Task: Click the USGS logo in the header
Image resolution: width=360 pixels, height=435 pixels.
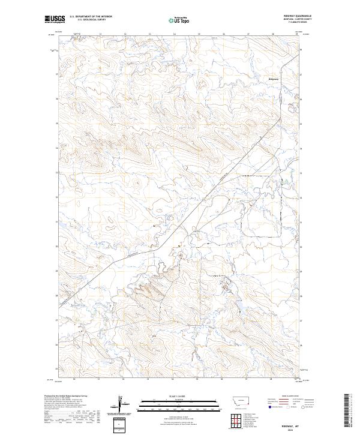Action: coord(55,19)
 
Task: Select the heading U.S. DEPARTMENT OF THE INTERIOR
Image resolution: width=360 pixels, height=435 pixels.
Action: coord(91,16)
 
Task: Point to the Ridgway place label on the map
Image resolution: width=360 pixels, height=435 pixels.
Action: coord(273,79)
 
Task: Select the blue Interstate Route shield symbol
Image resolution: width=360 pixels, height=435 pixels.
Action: coord(265,406)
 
